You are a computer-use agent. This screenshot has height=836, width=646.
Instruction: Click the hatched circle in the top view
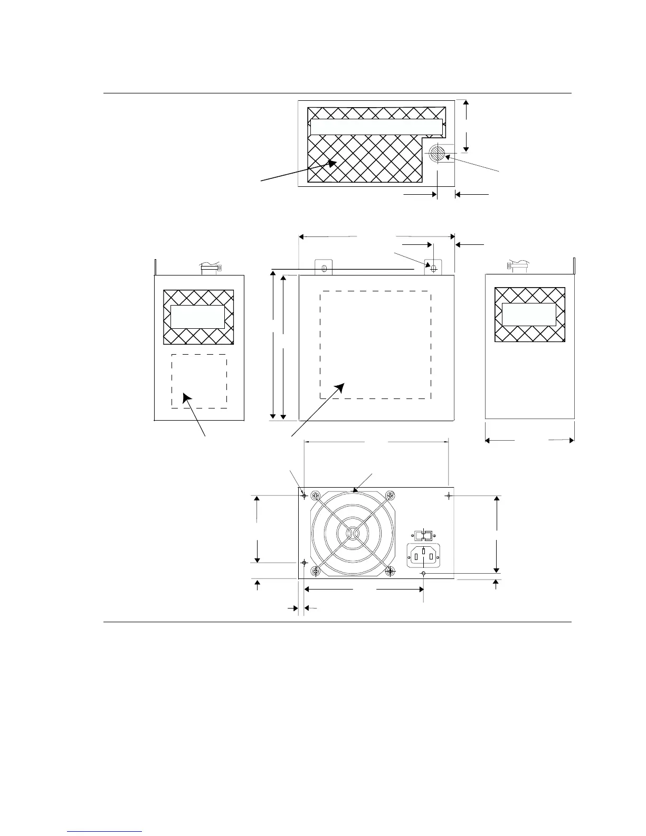[x=436, y=153]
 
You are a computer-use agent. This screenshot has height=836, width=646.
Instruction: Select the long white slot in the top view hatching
[x=376, y=127]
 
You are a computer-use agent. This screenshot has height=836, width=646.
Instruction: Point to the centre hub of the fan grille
[x=353, y=534]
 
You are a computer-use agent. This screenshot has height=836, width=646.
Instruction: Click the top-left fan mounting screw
[x=316, y=496]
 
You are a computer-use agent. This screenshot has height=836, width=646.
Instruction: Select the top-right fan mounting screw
[x=390, y=496]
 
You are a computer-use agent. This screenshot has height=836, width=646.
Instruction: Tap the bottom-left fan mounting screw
[x=316, y=571]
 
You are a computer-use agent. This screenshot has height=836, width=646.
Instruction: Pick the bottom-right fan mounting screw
[x=390, y=571]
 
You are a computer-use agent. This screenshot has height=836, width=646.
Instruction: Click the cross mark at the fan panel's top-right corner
[x=449, y=496]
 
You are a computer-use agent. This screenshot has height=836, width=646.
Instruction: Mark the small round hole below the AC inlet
[x=423, y=573]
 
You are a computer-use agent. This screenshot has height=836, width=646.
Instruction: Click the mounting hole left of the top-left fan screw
[x=305, y=496]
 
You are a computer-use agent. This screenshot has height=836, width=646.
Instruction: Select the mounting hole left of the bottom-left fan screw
[x=305, y=563]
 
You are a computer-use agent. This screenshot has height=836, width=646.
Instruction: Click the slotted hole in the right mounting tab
[x=434, y=268]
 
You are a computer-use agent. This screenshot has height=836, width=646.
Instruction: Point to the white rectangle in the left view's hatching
[x=197, y=317]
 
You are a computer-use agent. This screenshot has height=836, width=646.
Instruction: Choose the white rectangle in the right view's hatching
[x=529, y=315]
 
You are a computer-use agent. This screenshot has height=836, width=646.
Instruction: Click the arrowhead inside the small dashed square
[x=186, y=396]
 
